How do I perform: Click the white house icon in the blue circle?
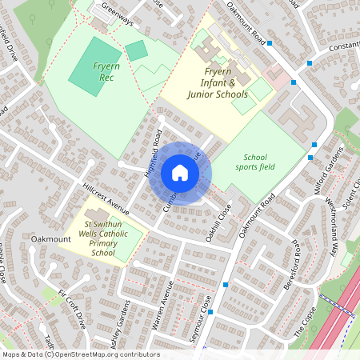pyautogui.click(x=179, y=173)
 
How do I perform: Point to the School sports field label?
pyautogui.click(x=255, y=162)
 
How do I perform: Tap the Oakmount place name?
pyautogui.click(x=51, y=238)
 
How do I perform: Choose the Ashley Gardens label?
pyautogui.click(x=119, y=330)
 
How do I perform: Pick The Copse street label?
pyautogui.click(x=303, y=321)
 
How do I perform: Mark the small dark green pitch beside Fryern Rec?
pyautogui.click(x=136, y=50)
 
